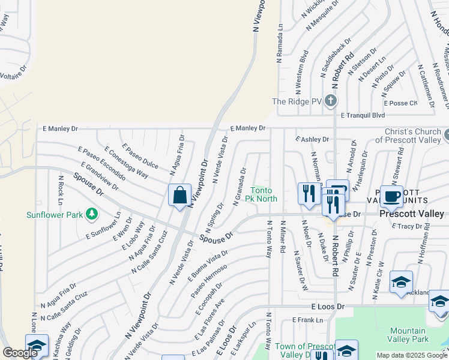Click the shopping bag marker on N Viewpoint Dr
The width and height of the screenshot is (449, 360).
click(179, 196)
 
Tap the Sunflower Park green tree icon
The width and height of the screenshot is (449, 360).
click(91, 213)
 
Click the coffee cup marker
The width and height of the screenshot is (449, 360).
click(391, 196)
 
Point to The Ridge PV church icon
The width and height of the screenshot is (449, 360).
click(330, 102)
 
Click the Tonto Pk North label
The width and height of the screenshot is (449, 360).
click(264, 194)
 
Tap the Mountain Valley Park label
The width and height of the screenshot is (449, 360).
click(408, 335)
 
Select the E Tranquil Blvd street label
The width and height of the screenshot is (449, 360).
click(363, 115)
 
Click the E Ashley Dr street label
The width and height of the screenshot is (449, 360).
click(312, 139)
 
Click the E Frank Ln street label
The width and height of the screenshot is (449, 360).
click(307, 320)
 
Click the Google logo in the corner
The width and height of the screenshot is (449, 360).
click(20, 353)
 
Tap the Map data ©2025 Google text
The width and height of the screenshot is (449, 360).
click(412, 355)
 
